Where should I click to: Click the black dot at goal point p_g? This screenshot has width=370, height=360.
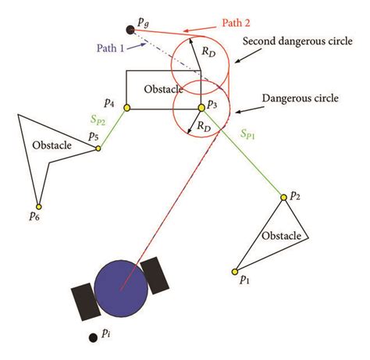tap(129, 30)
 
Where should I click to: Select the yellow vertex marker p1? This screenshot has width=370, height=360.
tap(234, 271)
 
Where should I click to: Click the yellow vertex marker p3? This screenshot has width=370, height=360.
tap(201, 106)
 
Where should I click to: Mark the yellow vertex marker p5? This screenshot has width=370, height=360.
tap(98, 148)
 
